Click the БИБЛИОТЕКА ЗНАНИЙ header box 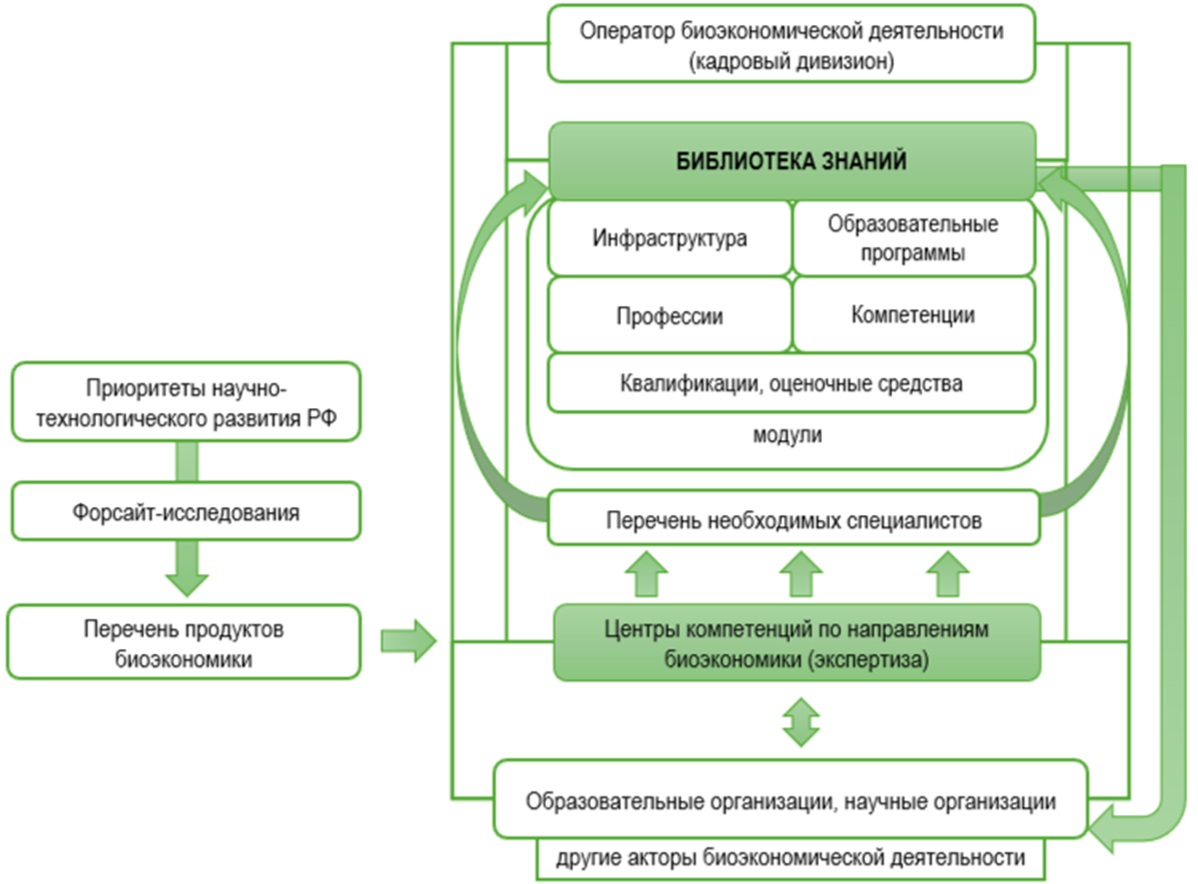pos(791,161)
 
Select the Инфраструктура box pos(669,238)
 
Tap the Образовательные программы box pos(912,238)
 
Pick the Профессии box pos(669,316)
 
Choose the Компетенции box pos(912,315)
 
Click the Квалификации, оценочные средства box pos(791,383)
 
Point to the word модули pos(787,435)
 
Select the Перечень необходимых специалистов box pos(793,520)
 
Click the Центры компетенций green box pos(797,643)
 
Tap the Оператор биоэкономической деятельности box pos(790,45)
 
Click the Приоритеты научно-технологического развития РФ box pos(186,402)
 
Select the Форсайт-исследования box pos(186,511)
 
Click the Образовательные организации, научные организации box pos(790,802)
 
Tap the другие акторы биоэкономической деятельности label pos(790,859)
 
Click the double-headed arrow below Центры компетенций pos(801,720)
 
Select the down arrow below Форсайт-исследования pos(187,570)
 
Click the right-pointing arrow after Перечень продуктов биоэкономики pos(408,640)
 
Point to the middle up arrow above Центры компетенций pos(800,572)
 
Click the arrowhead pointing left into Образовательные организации pos(1106,828)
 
